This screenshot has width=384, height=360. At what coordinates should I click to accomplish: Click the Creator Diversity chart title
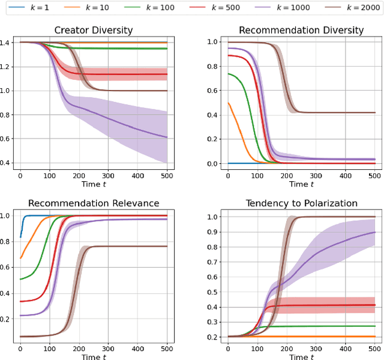click(94, 31)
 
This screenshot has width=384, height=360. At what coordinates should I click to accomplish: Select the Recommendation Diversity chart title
click(301, 31)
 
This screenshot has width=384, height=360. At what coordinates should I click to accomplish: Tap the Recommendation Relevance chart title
click(94, 203)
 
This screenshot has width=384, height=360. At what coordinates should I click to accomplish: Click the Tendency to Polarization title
click(301, 203)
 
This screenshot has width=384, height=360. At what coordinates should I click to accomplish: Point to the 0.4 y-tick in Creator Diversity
click(7, 163)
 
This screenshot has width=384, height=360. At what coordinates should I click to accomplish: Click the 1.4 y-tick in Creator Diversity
click(7, 43)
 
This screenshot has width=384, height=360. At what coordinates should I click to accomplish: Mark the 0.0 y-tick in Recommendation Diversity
click(214, 163)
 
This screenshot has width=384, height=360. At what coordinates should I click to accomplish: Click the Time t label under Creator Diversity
click(94, 184)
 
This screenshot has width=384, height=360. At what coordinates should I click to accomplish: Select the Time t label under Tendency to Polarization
click(301, 356)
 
